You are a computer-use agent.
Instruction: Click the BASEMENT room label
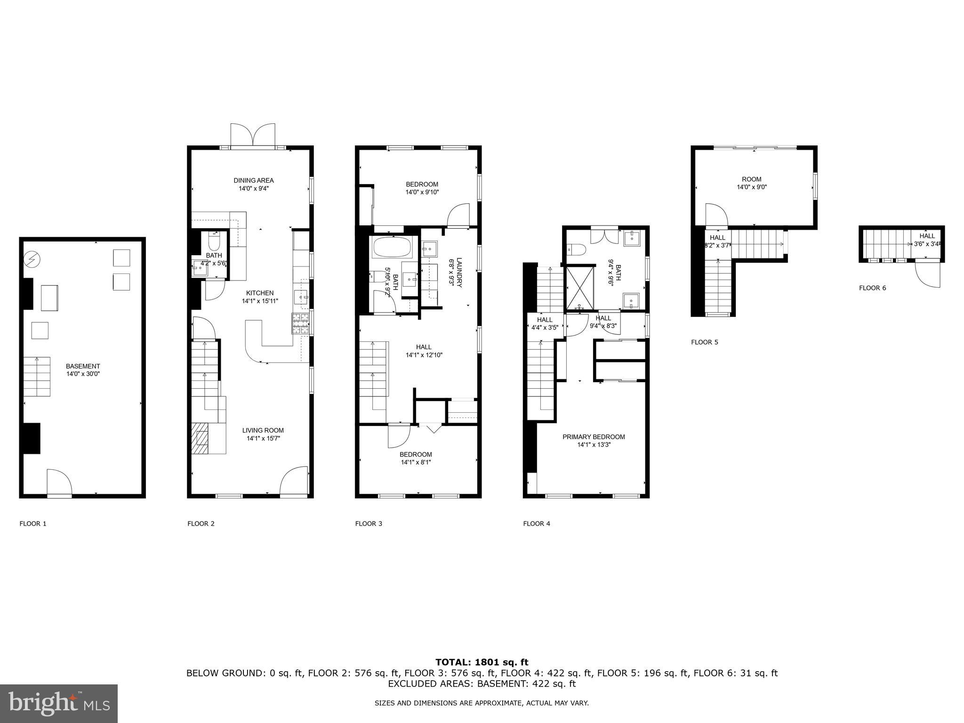click(x=83, y=366)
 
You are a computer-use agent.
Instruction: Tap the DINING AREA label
click(x=253, y=180)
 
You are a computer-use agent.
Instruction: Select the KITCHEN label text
click(x=260, y=293)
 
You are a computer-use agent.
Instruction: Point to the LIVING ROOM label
click(x=263, y=430)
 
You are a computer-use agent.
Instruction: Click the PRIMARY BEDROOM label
click(x=594, y=437)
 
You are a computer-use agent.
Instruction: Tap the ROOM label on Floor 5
click(x=751, y=179)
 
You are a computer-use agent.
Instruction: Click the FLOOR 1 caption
click(x=33, y=523)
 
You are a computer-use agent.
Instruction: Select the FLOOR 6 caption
click(x=872, y=288)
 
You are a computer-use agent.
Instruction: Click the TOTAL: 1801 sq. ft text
click(x=482, y=663)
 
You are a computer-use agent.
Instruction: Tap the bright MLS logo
click(x=59, y=704)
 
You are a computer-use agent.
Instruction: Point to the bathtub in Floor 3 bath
click(x=392, y=247)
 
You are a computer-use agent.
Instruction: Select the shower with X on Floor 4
click(x=579, y=289)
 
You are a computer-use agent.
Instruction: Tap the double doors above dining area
click(x=253, y=135)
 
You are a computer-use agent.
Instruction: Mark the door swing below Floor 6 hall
click(x=927, y=274)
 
